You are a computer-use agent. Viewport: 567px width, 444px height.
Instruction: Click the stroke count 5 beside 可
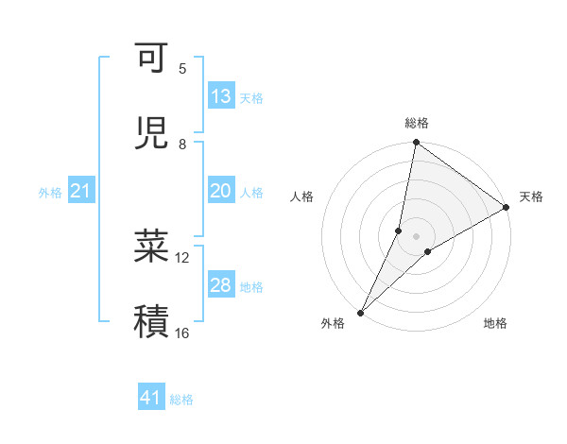click(182, 68)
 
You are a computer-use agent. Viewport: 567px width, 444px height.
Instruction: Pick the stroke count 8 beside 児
click(182, 144)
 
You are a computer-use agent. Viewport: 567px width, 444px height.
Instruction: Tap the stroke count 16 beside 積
click(182, 333)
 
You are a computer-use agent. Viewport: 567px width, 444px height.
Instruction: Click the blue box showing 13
click(221, 96)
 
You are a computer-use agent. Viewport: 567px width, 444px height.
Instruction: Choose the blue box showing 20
click(221, 191)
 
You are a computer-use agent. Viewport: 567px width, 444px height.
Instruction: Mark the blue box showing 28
click(221, 285)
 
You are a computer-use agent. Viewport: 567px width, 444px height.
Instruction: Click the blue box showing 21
click(81, 192)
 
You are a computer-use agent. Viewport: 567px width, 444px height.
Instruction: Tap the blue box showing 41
click(151, 398)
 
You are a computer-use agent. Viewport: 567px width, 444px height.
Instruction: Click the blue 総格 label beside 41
click(181, 400)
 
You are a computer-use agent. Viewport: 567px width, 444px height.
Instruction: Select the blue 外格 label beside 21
click(50, 193)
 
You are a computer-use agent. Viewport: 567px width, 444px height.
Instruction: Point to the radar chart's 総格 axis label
click(417, 123)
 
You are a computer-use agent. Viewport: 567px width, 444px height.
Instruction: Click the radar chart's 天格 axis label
click(531, 196)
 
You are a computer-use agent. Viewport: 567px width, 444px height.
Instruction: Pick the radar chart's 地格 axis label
click(495, 323)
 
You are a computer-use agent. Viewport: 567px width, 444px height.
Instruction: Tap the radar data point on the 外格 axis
click(360, 312)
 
